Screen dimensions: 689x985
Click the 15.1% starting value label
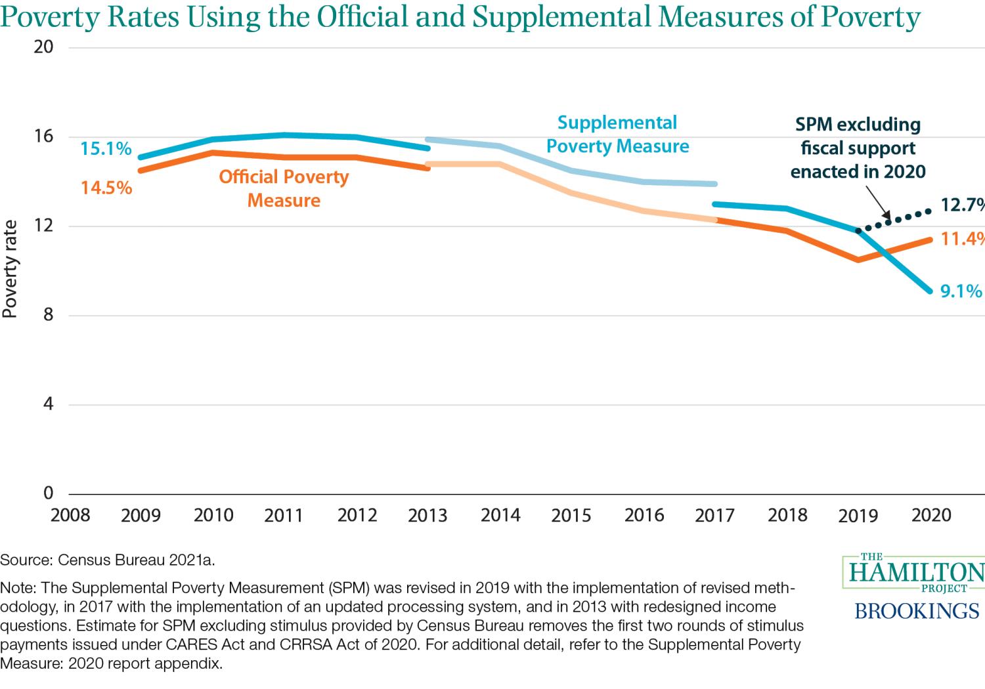point(106,149)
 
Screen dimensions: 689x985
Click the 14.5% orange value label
point(106,188)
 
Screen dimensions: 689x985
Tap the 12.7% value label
point(963,205)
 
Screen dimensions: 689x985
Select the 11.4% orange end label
point(963,239)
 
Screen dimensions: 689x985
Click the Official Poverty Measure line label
point(284,188)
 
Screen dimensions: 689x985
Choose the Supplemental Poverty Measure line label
point(617,135)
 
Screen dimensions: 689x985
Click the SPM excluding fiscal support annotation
point(858,148)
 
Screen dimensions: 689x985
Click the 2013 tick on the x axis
point(427,515)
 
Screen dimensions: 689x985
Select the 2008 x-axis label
point(70,514)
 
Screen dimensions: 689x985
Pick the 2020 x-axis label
point(931,515)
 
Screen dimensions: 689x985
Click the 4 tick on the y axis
point(47,404)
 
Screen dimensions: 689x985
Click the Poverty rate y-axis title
point(10,269)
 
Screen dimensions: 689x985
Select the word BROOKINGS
point(917,611)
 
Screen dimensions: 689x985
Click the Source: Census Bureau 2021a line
point(108,560)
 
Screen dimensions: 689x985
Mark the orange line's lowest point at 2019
point(858,260)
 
